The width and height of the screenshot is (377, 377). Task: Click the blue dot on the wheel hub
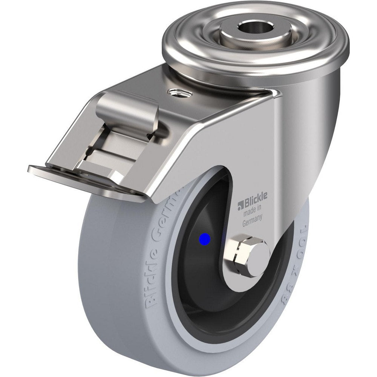tap(205, 239)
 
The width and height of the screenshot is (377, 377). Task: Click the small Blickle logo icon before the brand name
tap(240, 205)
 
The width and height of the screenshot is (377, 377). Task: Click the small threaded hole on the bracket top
tap(175, 92)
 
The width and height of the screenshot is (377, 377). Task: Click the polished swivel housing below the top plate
tap(320, 94)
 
